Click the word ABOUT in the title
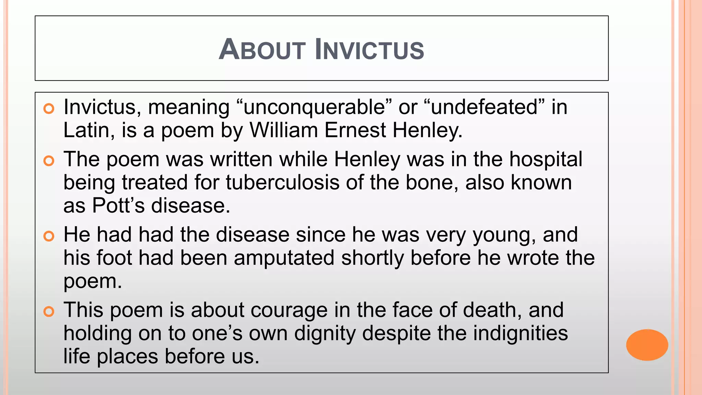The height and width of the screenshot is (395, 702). click(262, 50)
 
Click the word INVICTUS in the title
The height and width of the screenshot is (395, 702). click(369, 50)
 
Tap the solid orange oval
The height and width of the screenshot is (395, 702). click(647, 345)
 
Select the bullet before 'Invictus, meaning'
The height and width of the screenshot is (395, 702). click(49, 109)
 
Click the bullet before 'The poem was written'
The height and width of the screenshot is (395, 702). click(49, 161)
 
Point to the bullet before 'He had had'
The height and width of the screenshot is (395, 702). click(49, 236)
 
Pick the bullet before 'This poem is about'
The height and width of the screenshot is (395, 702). click(49, 311)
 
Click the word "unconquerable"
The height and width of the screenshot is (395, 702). click(314, 107)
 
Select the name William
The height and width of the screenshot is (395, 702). click(284, 131)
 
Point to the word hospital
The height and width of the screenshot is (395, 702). click(545, 160)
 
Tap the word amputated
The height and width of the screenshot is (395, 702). click(284, 258)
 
